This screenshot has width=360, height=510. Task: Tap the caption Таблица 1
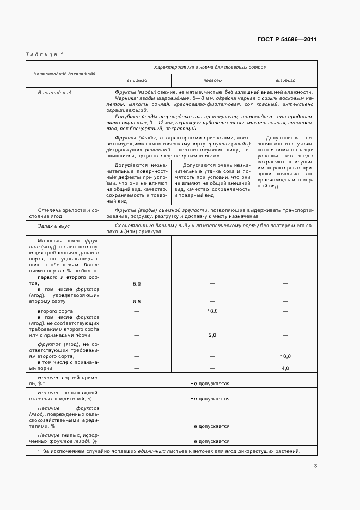[x=44, y=54]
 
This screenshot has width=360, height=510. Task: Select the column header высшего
[x=137, y=80]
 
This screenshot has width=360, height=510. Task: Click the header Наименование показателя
[x=64, y=72]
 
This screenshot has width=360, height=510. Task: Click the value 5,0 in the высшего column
[x=137, y=284]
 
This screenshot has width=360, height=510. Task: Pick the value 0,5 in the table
[x=137, y=301]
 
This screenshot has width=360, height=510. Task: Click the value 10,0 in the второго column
[x=285, y=356]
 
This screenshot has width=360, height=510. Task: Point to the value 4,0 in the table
[x=285, y=369]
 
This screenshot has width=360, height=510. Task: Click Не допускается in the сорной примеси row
[x=210, y=384]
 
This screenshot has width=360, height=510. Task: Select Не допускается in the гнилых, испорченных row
[x=210, y=441]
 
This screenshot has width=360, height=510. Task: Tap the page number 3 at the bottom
[x=315, y=466]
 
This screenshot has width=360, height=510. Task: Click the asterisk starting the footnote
[x=39, y=452]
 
